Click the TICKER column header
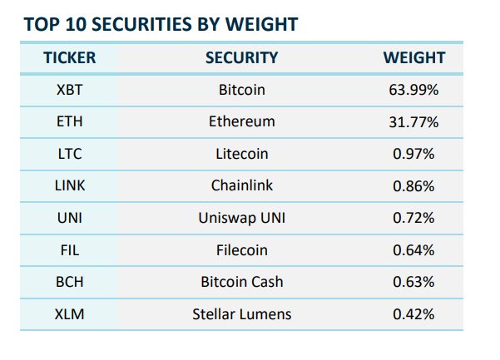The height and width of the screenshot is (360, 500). coord(70,57)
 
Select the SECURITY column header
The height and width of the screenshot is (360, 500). coord(241,57)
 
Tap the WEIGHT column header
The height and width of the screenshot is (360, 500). coord(413,57)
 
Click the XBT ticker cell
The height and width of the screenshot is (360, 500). coord(70,89)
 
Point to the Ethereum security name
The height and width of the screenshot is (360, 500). coord(241,121)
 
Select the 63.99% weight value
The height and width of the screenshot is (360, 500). coord(413,89)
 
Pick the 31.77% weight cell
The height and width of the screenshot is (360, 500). coord(413,121)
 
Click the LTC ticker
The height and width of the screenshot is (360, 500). coord(70,154)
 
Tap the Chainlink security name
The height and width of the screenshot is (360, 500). coord(241,185)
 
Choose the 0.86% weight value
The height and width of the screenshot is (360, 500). coord(413,185)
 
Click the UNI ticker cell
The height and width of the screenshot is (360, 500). coord(70,218)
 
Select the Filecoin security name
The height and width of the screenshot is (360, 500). coord(241,249)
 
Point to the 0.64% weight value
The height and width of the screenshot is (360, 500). coord(413,249)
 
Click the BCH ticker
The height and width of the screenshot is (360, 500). coord(70,282)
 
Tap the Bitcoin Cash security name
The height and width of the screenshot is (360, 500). coord(241,282)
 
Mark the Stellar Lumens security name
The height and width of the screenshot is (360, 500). coord(241,314)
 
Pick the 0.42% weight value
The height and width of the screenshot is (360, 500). coord(413,314)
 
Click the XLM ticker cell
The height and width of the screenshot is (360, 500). coord(70,314)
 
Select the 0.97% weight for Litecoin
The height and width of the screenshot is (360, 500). coord(413,154)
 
